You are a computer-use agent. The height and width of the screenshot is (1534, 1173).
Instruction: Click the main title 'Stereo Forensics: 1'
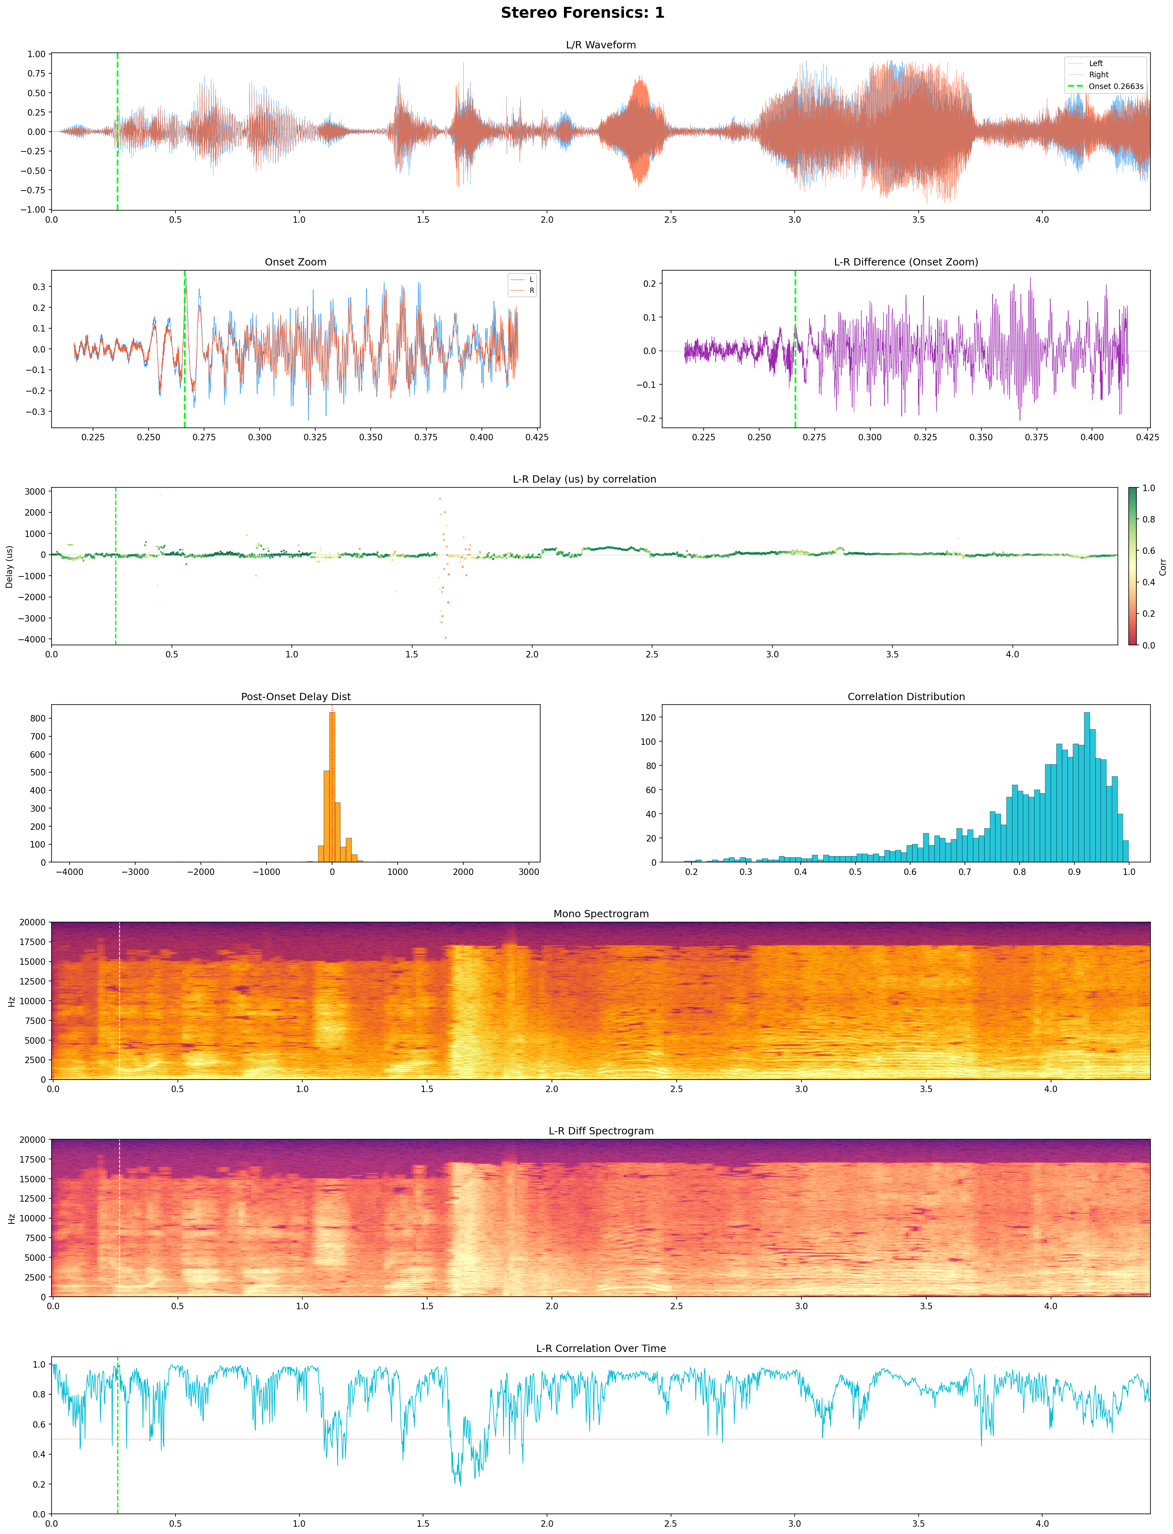point(582,12)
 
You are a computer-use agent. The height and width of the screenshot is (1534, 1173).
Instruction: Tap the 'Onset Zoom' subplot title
point(295,262)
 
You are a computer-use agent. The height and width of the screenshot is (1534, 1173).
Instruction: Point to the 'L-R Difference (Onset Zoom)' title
point(906,262)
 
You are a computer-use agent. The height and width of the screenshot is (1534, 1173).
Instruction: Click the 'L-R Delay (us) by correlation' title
point(584,479)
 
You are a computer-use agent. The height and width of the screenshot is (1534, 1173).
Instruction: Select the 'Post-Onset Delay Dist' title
point(295,697)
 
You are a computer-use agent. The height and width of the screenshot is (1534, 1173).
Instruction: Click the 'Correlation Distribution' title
point(906,697)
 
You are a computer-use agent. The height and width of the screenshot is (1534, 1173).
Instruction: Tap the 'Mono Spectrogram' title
point(601,914)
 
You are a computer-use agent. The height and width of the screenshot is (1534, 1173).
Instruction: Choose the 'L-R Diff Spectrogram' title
point(601,1131)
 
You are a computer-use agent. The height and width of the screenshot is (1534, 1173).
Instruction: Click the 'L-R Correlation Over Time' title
point(601,1348)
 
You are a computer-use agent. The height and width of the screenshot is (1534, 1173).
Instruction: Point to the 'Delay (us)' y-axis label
point(9,566)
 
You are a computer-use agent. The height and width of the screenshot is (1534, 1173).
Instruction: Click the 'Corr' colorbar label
point(1163,566)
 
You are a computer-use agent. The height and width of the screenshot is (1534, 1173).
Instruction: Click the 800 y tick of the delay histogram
point(38,718)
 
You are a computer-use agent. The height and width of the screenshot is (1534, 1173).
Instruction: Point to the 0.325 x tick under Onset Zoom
point(315,437)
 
